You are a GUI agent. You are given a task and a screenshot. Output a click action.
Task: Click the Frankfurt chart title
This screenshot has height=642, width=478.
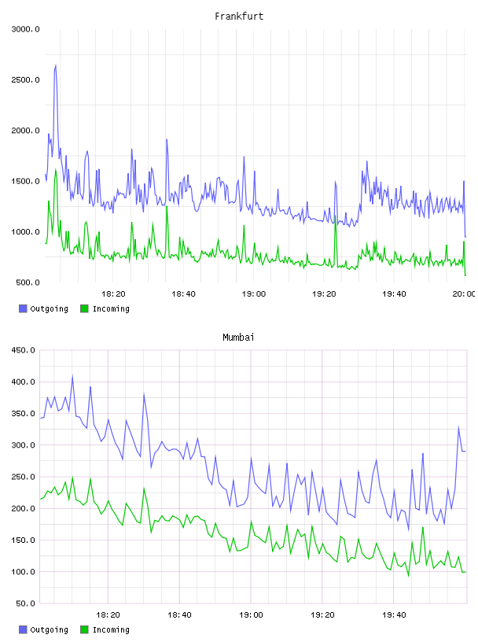point(239,17)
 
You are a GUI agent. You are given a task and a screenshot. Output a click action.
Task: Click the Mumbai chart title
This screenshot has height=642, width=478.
point(238,338)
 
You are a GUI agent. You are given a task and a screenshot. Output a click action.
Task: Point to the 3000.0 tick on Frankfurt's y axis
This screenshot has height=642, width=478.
point(25,29)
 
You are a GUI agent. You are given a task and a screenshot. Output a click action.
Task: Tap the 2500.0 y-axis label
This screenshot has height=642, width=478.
point(25,79)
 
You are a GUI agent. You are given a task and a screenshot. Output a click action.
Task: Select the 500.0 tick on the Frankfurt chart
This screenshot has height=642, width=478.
point(28,282)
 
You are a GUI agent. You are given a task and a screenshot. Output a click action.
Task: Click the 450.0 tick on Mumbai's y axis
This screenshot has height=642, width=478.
point(23,350)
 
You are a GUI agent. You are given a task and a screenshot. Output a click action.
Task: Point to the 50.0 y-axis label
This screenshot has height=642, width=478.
point(25,603)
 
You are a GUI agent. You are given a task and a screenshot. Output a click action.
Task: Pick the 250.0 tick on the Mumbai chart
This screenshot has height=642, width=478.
point(23,477)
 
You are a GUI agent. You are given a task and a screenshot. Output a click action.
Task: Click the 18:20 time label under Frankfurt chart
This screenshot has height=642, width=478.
point(113,294)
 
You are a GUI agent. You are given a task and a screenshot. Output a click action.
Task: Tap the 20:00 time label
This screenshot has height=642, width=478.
point(464,294)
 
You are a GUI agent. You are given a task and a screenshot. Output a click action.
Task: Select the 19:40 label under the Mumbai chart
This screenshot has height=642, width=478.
point(394,615)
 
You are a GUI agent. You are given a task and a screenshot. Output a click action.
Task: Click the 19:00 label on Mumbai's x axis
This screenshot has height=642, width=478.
point(251,615)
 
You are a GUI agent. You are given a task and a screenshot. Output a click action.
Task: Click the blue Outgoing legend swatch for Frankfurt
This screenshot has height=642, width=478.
point(23,308)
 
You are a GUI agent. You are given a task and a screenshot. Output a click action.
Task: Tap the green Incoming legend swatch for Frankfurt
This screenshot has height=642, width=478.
point(84,308)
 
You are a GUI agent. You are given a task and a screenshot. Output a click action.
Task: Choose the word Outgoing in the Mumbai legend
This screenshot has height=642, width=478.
point(49,630)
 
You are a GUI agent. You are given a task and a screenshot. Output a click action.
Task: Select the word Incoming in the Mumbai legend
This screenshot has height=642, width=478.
point(111,630)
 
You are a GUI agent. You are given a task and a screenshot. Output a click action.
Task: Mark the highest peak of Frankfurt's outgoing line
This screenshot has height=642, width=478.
point(56,65)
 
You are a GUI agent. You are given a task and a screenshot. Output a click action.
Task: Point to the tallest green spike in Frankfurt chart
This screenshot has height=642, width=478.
point(56,168)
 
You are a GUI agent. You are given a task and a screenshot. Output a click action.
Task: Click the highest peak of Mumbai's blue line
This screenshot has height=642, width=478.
point(72,375)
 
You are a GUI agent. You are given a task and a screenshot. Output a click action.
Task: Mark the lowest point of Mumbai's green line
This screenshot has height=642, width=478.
point(408,576)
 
